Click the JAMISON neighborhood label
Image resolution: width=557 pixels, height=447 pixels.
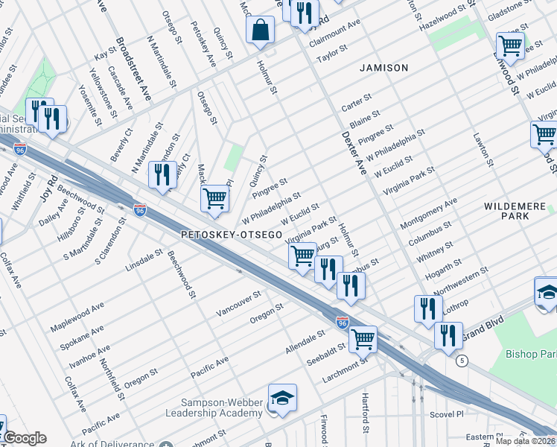[x=383, y=68]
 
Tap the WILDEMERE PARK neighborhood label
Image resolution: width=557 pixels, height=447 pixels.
[x=516, y=210]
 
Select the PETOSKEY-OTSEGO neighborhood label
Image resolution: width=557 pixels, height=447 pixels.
[x=232, y=235]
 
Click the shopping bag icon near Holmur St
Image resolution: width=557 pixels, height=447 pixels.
[x=261, y=31]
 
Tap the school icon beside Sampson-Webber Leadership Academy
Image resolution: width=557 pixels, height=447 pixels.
[x=283, y=399]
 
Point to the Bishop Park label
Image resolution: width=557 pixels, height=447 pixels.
[x=532, y=353]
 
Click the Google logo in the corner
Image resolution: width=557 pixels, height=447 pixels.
[x=24, y=438]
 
